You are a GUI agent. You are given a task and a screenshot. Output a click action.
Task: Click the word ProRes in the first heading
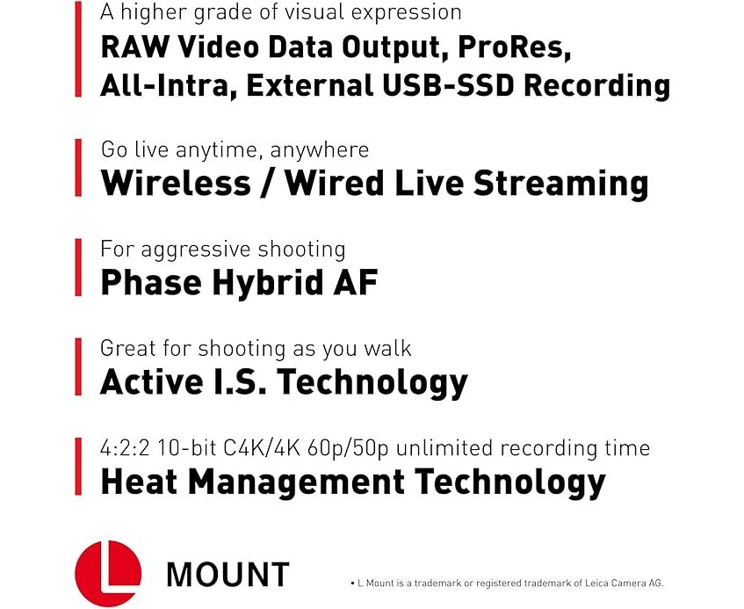pos(513,47)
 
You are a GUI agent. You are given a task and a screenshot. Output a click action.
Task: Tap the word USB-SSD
pos(448,86)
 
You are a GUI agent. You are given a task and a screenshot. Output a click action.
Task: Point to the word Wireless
pos(176,183)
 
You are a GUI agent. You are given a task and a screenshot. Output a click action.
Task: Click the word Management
pos(297,482)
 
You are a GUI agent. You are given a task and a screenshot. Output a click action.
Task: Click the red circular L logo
pos(108,573)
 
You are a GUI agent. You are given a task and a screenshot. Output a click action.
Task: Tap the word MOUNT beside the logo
pos(228,574)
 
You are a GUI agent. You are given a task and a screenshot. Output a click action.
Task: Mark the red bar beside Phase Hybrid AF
pos(78,268)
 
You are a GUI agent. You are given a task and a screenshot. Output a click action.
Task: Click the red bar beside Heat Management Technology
pos(78,467)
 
